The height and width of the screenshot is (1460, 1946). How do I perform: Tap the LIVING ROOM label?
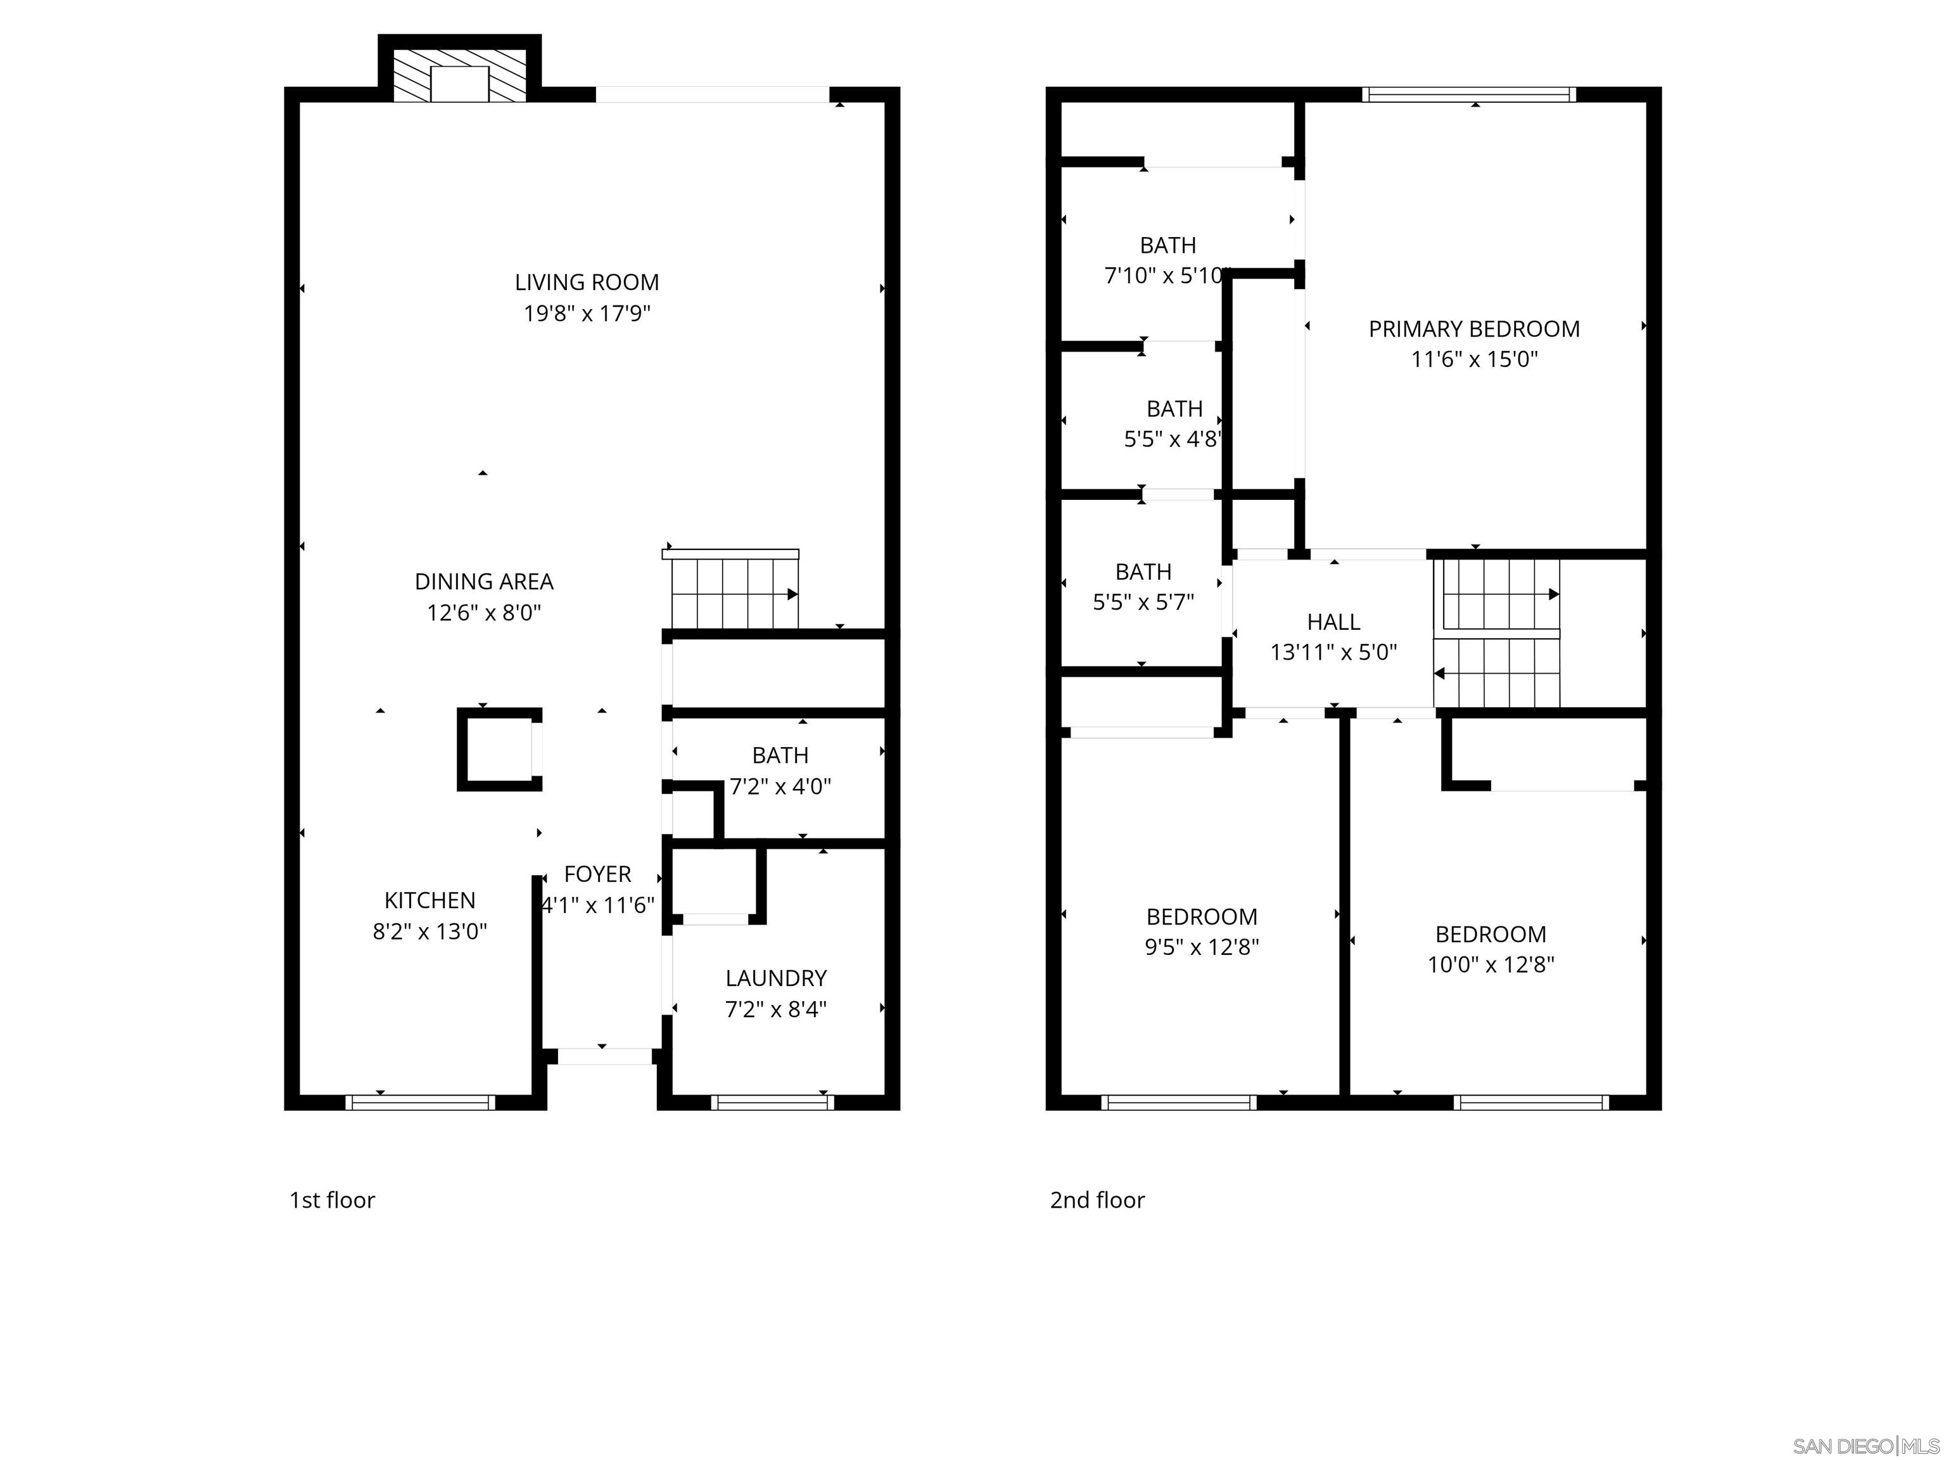587,283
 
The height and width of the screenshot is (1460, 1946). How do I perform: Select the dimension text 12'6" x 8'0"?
484,613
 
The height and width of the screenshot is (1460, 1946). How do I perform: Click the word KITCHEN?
429,900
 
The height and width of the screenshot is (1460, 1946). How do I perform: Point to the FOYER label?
597,874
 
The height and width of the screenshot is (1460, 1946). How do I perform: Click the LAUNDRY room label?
776,978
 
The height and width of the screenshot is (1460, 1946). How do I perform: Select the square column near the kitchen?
499,749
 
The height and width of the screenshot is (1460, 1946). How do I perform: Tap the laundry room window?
772,1102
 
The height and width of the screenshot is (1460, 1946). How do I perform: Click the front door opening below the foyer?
605,1056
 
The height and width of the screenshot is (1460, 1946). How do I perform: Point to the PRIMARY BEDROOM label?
1473,329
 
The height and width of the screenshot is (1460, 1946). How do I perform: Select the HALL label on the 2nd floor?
1333,622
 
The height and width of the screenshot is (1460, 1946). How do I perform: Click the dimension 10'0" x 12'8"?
1491,964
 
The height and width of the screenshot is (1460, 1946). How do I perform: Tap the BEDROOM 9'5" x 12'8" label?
1202,917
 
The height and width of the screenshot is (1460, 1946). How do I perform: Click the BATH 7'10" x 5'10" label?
1167,245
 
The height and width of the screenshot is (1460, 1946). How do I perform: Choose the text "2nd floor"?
1097,1200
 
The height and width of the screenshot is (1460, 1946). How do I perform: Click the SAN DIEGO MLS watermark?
1865,1446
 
